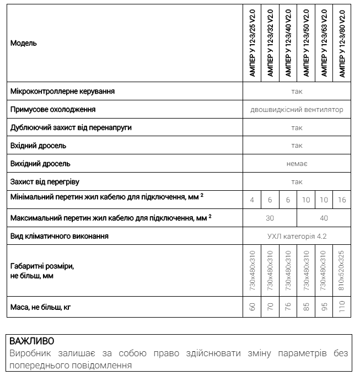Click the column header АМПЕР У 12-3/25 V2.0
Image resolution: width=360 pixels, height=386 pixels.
pos(252,43)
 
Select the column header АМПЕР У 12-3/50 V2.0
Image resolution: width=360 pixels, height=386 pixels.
pos(306,43)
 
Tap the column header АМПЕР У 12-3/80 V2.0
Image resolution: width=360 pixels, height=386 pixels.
pos(342,43)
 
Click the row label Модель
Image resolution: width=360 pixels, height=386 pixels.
pos(24,43)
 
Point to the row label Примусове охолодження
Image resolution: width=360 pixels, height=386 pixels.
pos(53,110)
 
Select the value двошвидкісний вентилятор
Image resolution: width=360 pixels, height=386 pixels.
pos(297,110)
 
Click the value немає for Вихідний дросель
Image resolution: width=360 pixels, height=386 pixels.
pos(297,164)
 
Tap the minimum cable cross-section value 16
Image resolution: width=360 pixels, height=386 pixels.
pos(342,200)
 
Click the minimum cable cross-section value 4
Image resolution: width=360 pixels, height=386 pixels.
pos(252,200)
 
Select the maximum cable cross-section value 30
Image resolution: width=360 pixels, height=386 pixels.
pos(270,218)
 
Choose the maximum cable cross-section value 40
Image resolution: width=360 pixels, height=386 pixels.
pos(324,218)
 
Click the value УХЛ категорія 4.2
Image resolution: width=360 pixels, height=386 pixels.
pos(297,237)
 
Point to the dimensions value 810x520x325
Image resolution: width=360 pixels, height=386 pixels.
pos(342,271)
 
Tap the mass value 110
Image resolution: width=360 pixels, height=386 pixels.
pos(342,307)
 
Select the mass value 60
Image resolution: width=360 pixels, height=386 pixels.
pos(252,307)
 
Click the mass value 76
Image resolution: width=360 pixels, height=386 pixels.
pos(288,307)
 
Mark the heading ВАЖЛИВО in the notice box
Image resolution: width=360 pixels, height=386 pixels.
pos(31,341)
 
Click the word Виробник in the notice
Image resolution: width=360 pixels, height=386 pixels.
pos(28,353)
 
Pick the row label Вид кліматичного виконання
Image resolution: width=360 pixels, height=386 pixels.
pos(60,237)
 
